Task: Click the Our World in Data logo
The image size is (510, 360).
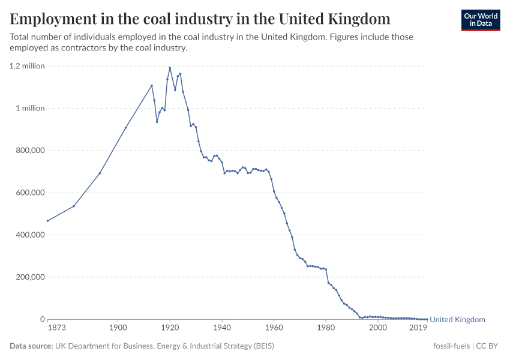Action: point(480,20)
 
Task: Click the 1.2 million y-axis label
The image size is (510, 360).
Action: point(27,66)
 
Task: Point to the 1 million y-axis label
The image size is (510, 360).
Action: point(29,109)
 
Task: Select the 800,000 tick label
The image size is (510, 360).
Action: point(29,151)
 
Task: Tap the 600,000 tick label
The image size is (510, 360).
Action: point(29,193)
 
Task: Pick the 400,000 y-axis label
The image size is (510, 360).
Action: point(29,235)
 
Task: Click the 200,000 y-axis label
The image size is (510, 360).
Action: point(29,277)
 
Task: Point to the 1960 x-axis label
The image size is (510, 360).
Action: point(274,328)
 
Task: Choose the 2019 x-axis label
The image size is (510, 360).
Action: point(418,328)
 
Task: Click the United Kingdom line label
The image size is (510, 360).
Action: point(457,320)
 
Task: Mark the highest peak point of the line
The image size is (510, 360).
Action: point(170,68)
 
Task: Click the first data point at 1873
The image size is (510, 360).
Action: point(48,221)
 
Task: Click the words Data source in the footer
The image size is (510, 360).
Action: point(31,346)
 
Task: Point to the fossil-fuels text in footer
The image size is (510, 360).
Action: point(451,346)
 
